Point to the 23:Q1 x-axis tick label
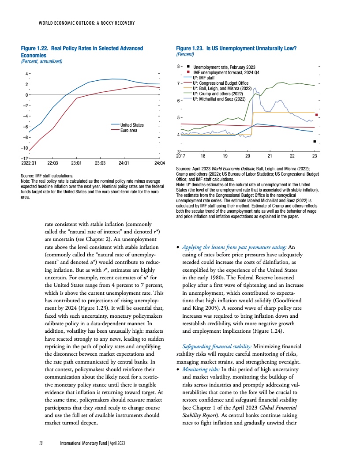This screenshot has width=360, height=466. tap(77, 163)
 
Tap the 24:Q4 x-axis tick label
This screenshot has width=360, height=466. tap(160, 163)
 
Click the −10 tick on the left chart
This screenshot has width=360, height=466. tap(25, 148)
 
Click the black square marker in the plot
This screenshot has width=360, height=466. tap(314, 142)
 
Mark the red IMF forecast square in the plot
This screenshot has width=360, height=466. tap(316, 115)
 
